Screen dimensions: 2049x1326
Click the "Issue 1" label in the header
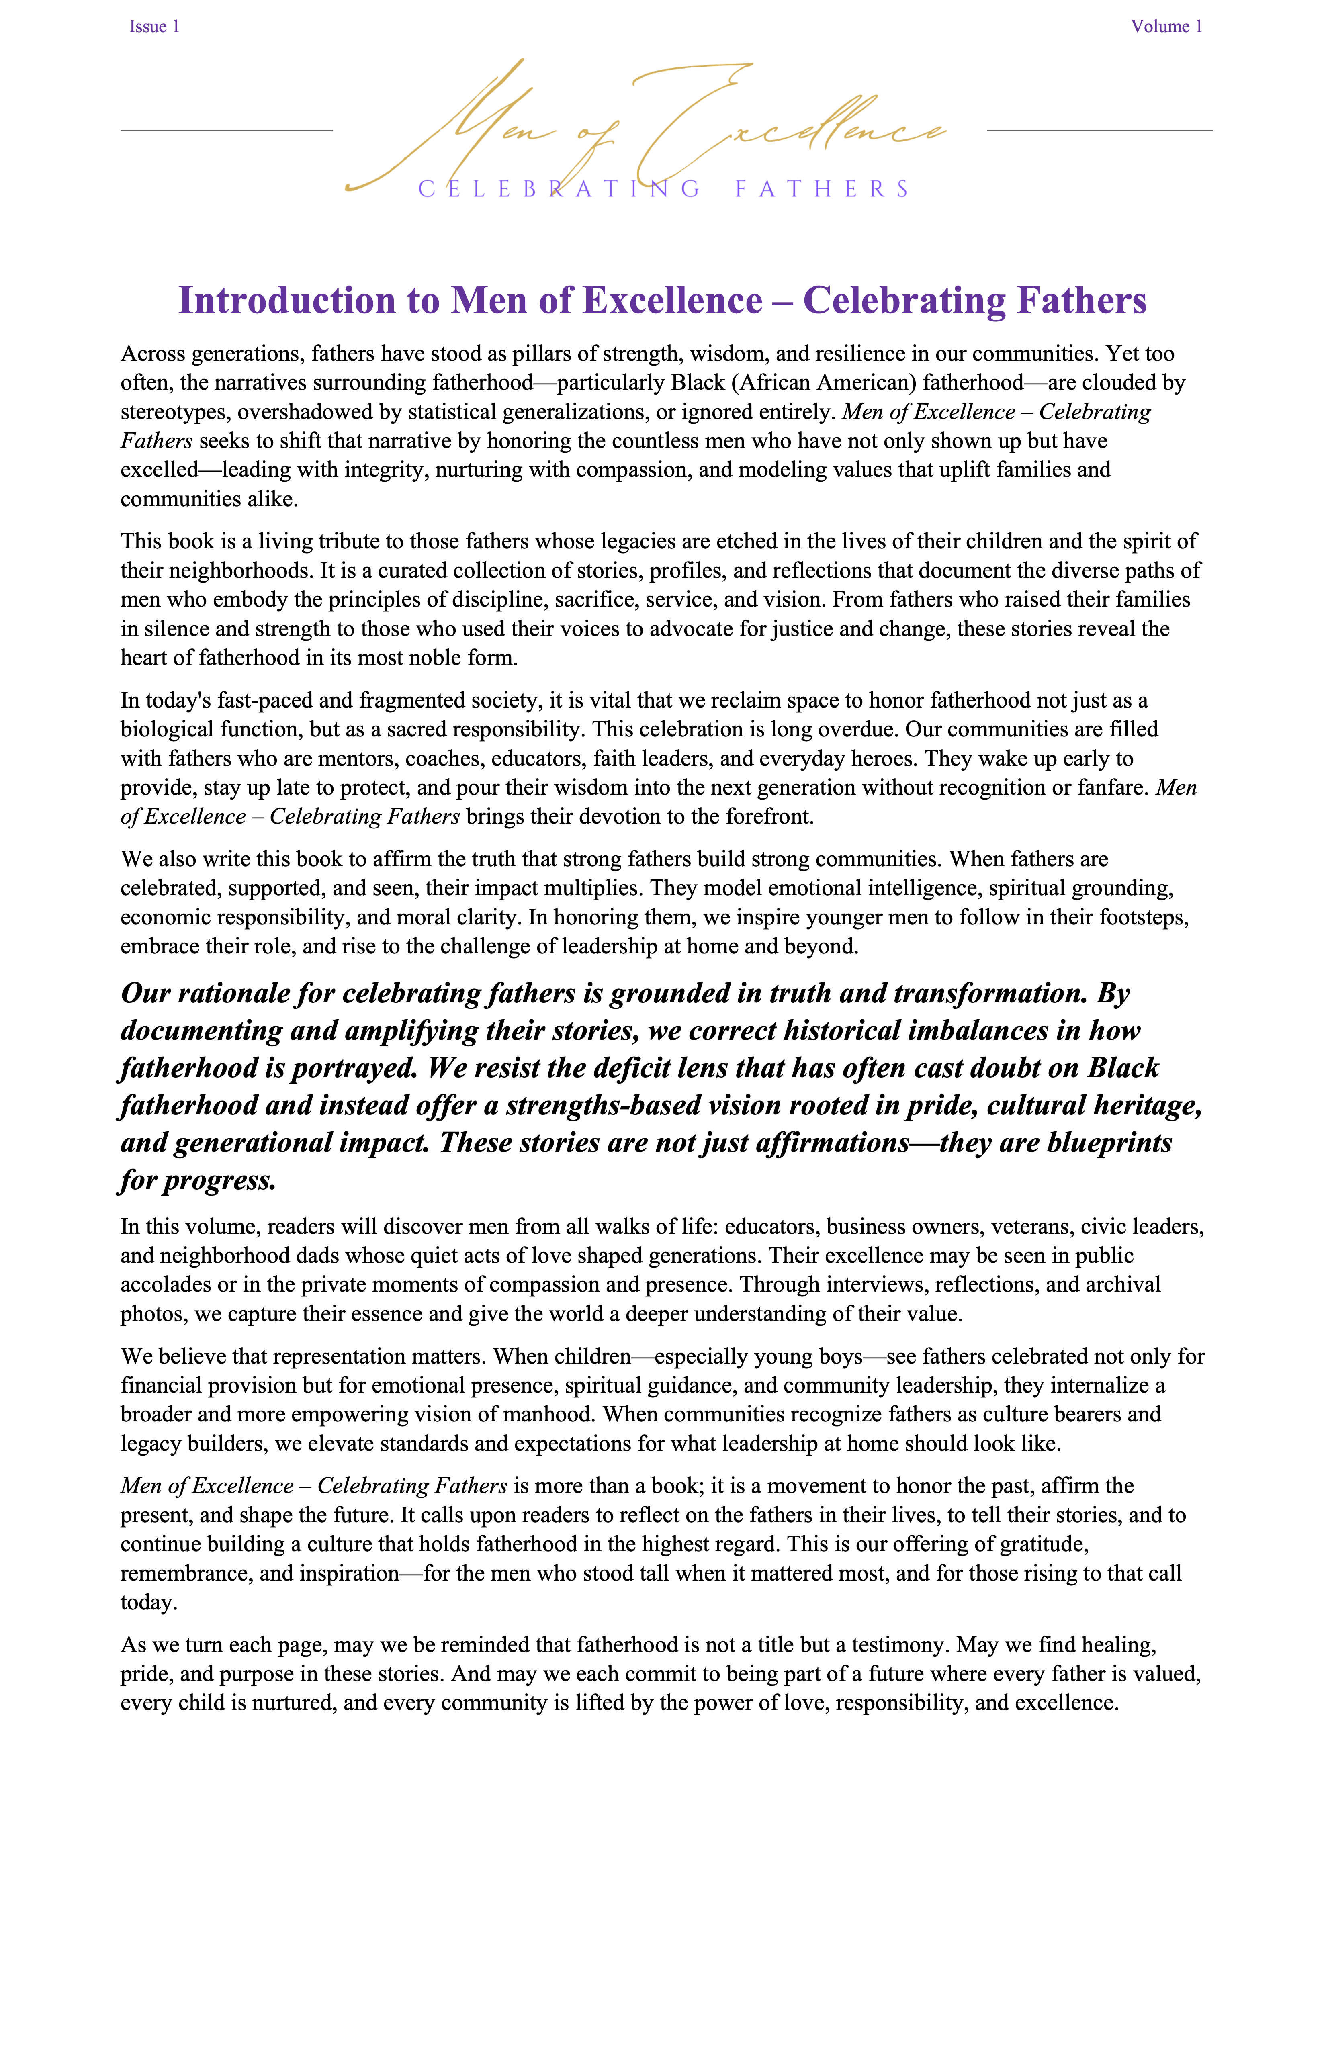click(x=154, y=27)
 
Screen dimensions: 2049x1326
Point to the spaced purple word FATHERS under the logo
click(x=822, y=189)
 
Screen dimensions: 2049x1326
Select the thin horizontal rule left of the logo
click(x=227, y=130)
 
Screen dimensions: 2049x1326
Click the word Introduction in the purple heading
click(x=308, y=301)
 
